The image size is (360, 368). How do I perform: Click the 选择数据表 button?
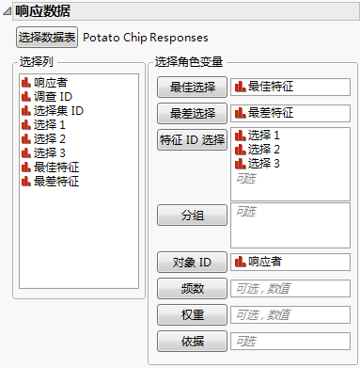point(47,39)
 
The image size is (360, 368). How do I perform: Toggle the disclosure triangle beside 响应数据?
point(8,11)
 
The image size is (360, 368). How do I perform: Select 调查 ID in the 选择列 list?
point(53,96)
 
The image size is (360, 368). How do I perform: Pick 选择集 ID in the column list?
point(58,110)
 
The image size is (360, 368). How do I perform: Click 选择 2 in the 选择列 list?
point(50,138)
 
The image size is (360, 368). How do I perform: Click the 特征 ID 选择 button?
point(192,140)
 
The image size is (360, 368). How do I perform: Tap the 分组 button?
point(192,216)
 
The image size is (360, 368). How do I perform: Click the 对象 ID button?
point(192,262)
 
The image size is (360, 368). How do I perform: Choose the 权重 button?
point(192,314)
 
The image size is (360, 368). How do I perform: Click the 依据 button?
point(192,340)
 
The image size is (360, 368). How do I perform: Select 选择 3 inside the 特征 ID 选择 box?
point(264,163)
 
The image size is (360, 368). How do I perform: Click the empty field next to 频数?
point(290,288)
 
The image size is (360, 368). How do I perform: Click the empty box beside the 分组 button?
point(290,225)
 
